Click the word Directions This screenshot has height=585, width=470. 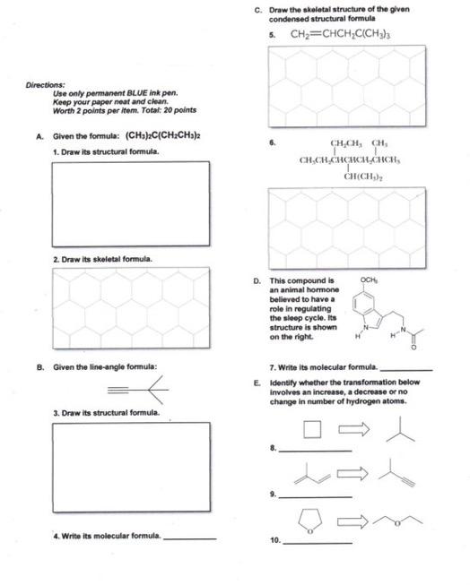pos(40,85)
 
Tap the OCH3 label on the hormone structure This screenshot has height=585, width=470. pos(369,280)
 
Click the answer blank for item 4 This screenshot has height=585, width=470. pos(190,538)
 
